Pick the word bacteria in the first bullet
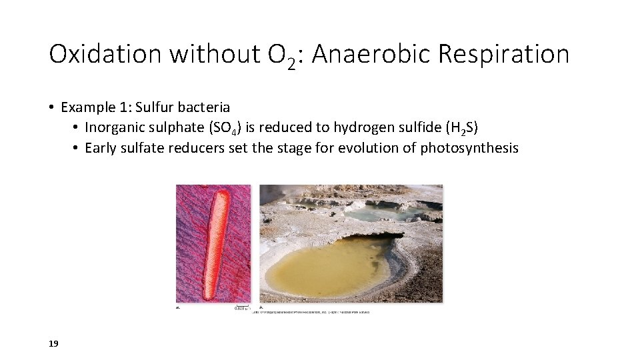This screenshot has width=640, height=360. click(204, 107)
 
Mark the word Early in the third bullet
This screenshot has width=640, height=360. click(100, 148)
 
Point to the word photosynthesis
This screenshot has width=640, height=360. click(469, 148)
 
